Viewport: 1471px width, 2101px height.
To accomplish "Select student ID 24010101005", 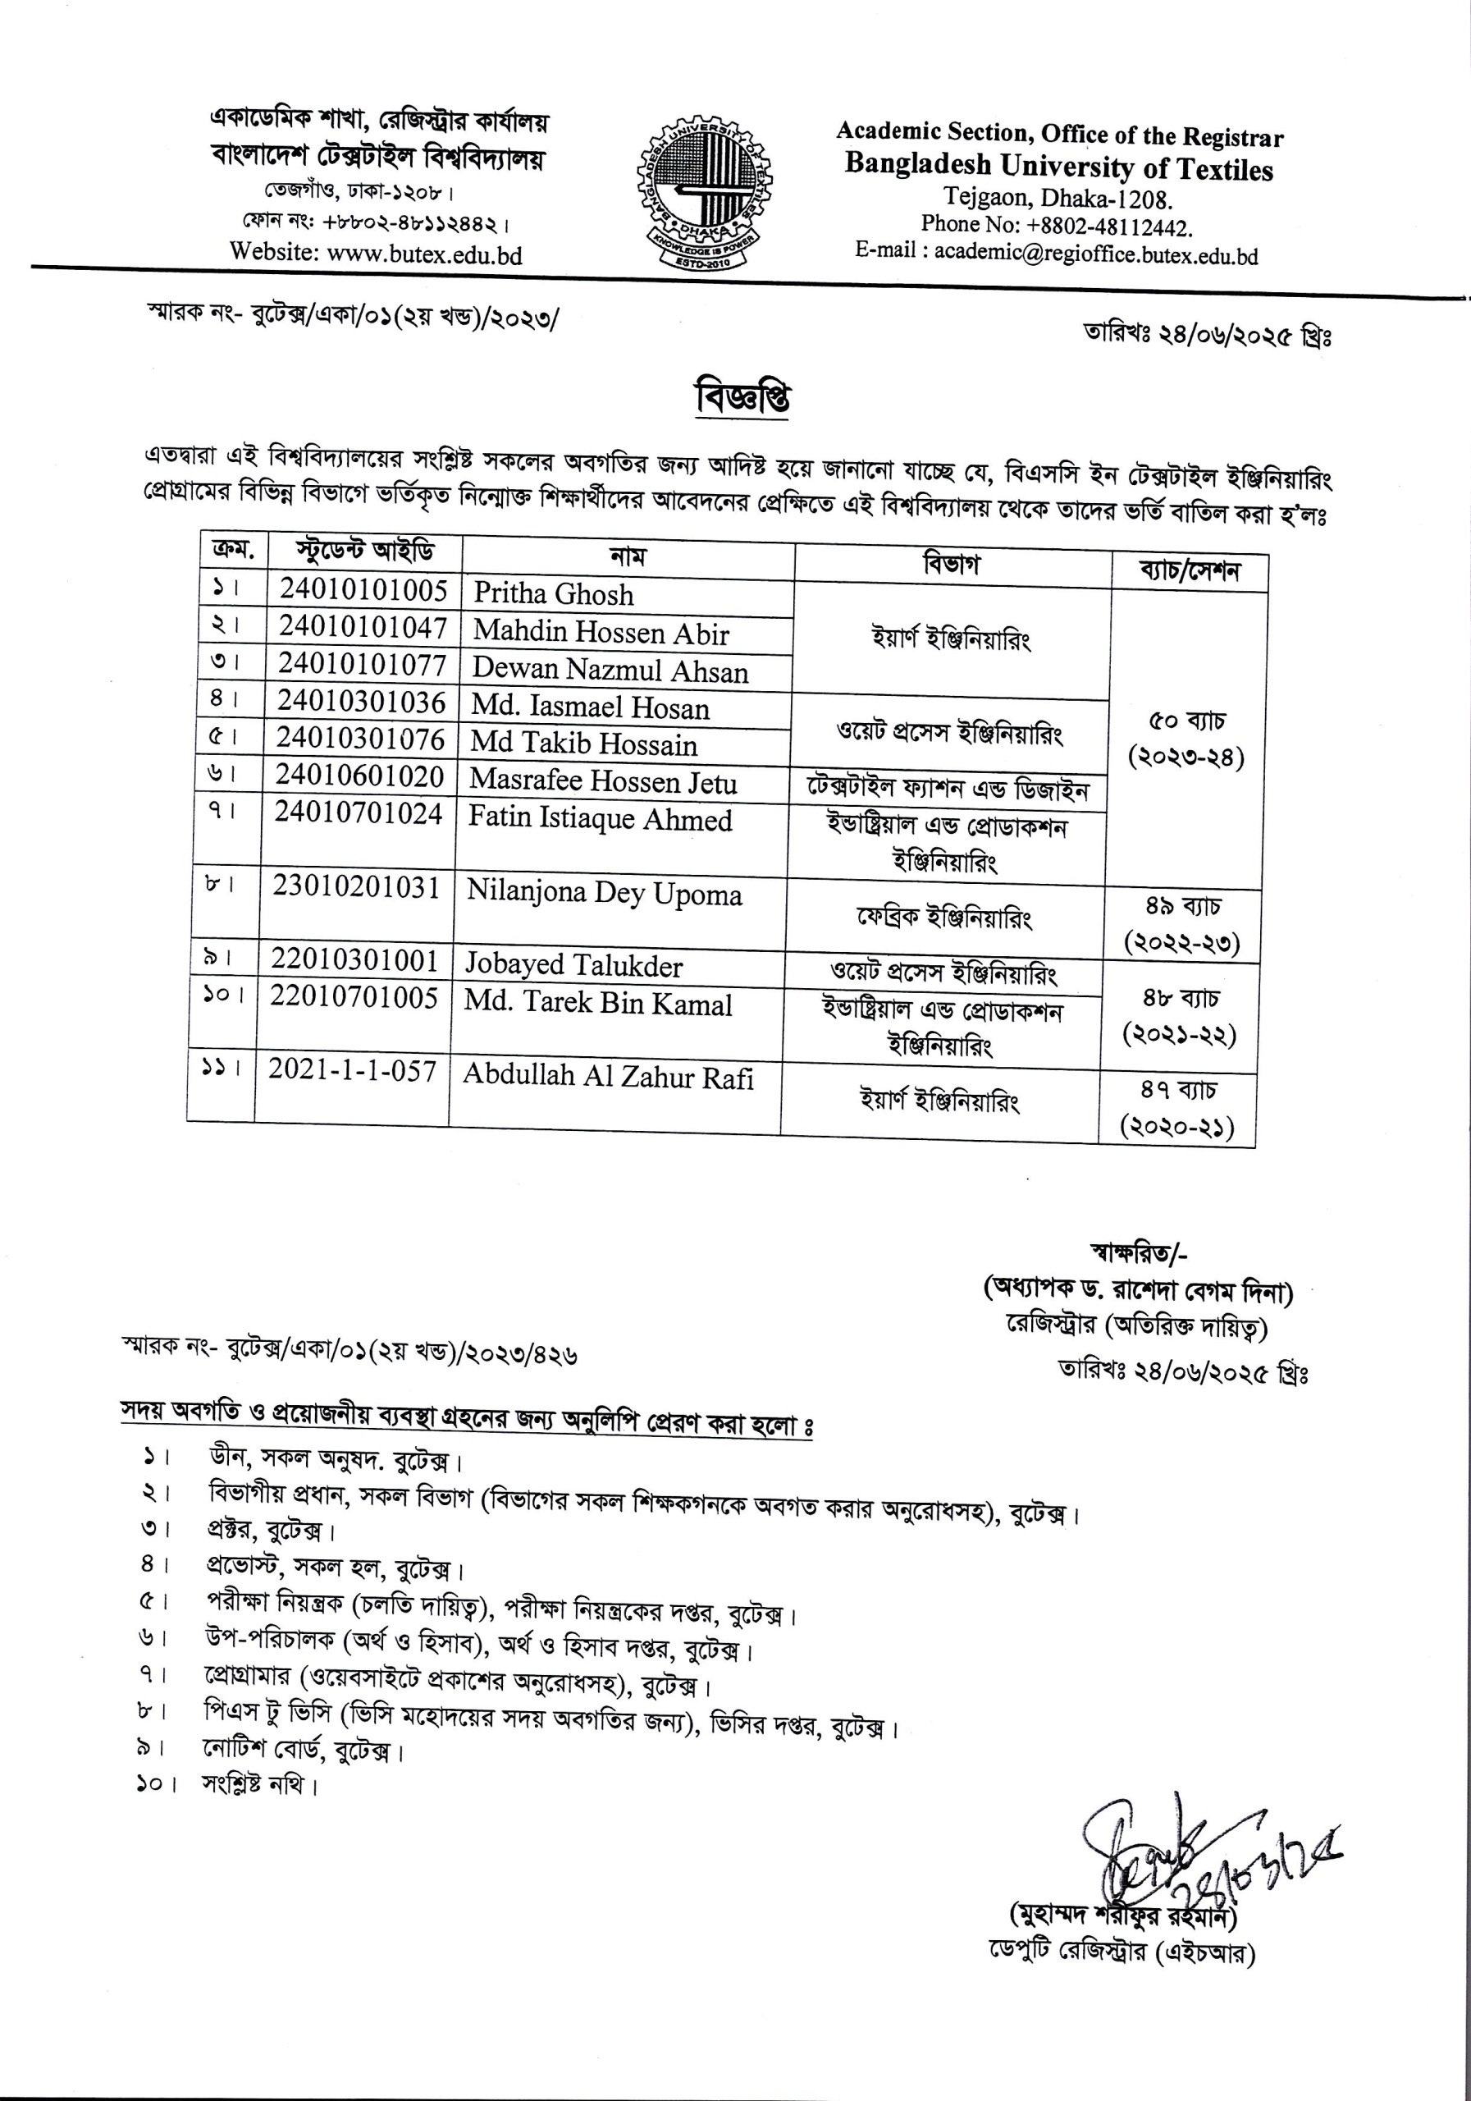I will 363,590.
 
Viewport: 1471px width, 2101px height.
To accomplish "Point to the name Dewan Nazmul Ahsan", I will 610,671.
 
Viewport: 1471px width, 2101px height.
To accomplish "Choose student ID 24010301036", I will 361,703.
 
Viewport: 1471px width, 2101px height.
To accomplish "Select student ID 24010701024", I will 359,813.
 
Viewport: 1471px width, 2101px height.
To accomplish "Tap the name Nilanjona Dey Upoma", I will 604,893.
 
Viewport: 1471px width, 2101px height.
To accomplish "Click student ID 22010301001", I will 354,960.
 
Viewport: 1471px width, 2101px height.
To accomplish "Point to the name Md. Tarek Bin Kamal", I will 597,1004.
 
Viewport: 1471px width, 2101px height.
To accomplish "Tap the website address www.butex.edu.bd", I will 424,254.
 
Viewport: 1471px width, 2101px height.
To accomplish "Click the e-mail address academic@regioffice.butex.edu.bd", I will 1096,254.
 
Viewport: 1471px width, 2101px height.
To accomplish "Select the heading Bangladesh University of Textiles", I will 1058,167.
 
